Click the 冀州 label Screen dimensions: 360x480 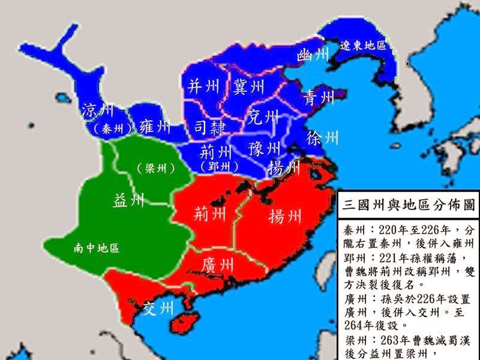[x=248, y=86]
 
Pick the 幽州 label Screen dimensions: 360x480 [x=312, y=55]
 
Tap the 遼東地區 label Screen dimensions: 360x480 [x=363, y=45]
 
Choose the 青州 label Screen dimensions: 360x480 [x=319, y=97]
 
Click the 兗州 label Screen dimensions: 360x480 [x=263, y=118]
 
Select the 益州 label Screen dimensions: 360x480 [x=129, y=201]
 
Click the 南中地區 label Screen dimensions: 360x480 [x=97, y=248]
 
